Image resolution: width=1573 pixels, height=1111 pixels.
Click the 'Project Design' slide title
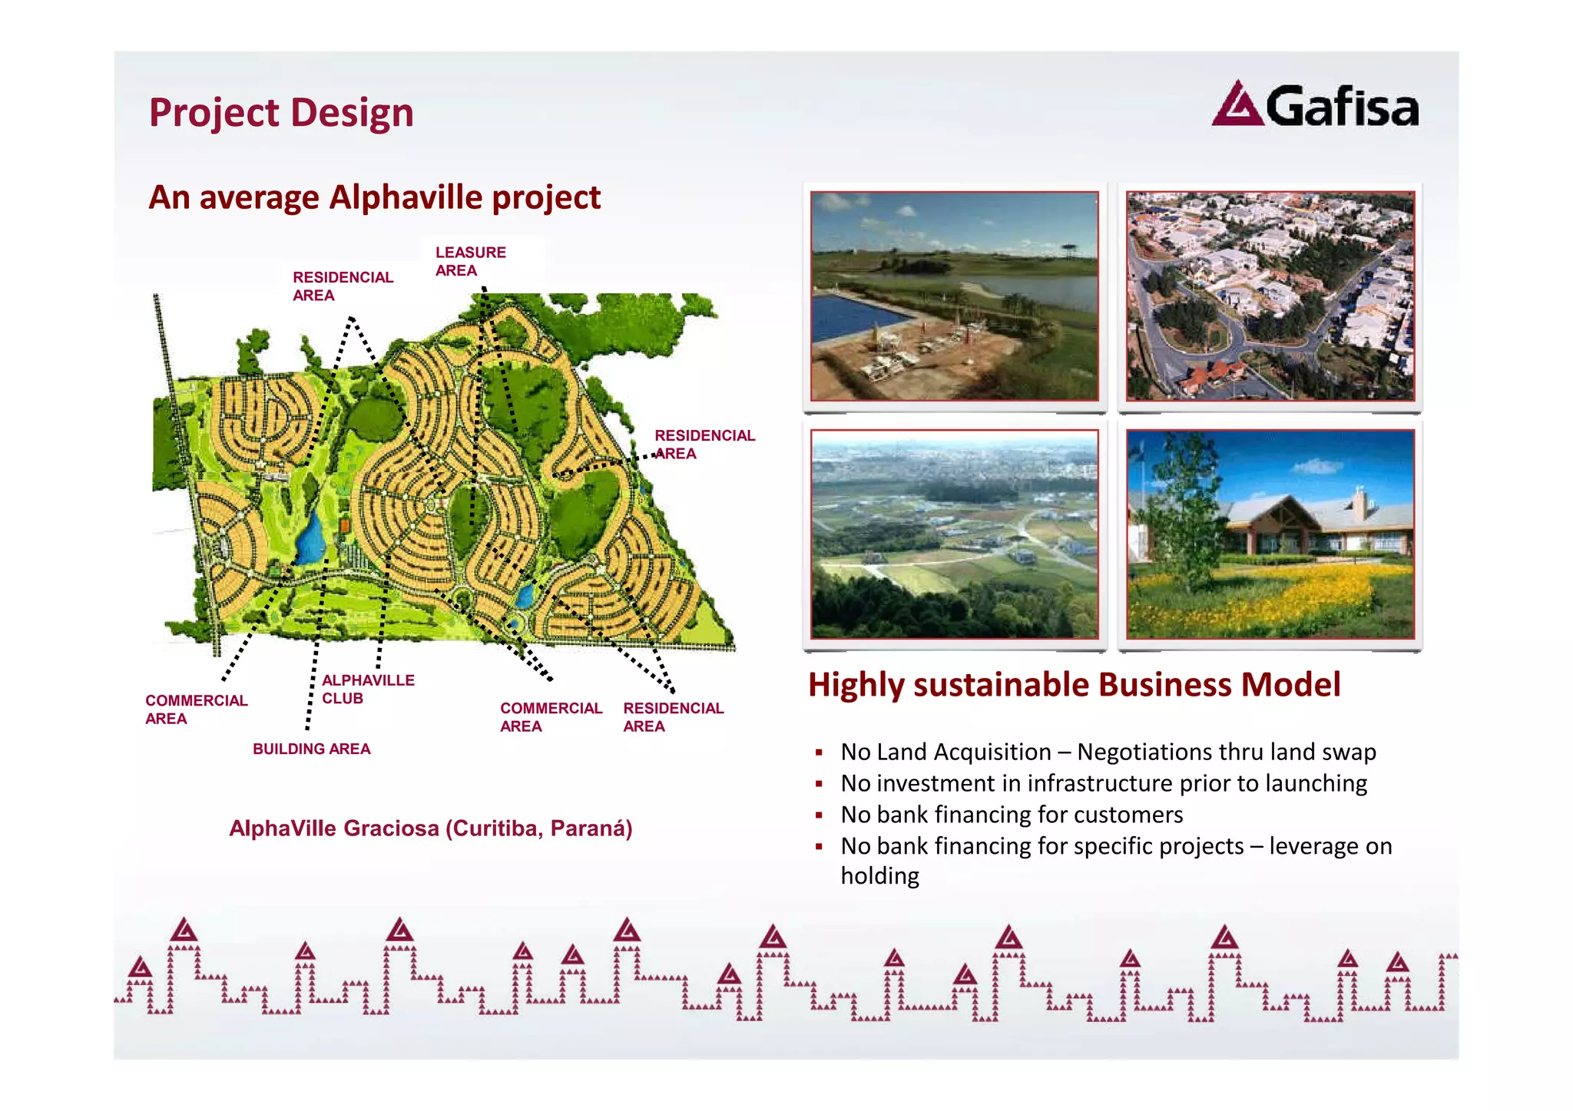tap(281, 113)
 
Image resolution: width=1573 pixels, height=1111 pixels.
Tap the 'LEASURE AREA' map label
tap(469, 261)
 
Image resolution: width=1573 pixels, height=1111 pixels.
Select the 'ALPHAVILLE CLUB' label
tap(367, 689)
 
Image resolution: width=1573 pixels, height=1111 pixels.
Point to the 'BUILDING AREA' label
tap(311, 749)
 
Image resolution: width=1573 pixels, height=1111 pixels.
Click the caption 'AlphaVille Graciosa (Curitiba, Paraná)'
tap(430, 828)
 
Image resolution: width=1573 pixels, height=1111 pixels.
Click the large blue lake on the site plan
tap(311, 537)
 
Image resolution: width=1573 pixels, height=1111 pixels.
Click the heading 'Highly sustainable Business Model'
tap(1074, 684)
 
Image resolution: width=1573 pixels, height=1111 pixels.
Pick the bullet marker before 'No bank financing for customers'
tap(820, 815)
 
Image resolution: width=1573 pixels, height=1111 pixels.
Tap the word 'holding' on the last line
tap(879, 876)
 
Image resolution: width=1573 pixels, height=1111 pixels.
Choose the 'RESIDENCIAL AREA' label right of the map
tap(704, 444)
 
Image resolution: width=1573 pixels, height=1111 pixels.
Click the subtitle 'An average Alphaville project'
tap(374, 197)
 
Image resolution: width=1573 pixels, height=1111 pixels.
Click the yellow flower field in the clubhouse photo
tap(1260, 599)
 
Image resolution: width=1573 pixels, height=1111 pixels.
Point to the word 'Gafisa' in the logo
tap(1342, 107)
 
